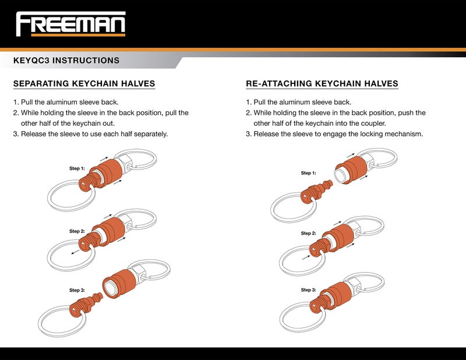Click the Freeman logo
coord(70,24)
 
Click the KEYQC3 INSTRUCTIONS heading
coord(66,61)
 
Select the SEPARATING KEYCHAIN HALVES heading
coord(84,83)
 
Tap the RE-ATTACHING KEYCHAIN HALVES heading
coord(322,83)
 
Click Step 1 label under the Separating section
coord(77,168)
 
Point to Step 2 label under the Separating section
coord(77,231)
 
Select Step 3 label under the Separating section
coord(77,290)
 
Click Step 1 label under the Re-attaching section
coord(308,173)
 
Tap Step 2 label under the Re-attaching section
coord(308,233)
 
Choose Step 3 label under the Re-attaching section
coord(308,290)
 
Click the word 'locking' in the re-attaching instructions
coord(358,134)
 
